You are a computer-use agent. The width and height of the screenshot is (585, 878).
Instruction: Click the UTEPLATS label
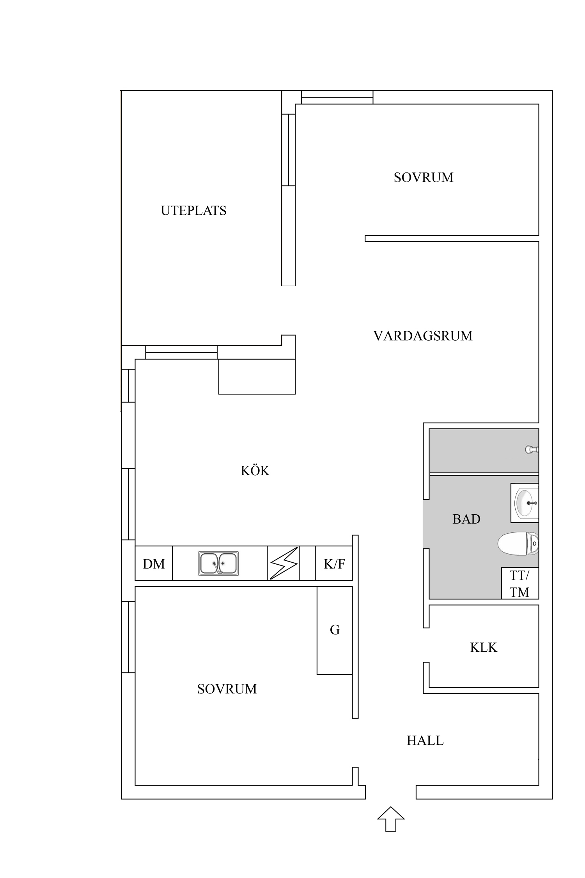[x=193, y=211]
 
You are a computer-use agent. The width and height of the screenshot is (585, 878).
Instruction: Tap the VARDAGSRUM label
[x=423, y=336]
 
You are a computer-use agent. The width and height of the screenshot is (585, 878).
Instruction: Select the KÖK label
[x=255, y=471]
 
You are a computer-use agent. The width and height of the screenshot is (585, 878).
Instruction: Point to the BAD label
[x=466, y=519]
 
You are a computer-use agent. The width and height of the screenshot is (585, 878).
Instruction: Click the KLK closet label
[x=484, y=648]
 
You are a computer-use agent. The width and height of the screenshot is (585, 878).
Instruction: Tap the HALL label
[x=425, y=741]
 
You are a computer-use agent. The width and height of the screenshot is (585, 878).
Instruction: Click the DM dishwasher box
[x=154, y=564]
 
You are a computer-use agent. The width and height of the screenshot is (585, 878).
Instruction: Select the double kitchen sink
[x=218, y=563]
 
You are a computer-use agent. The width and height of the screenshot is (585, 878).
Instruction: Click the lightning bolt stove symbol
[x=284, y=563]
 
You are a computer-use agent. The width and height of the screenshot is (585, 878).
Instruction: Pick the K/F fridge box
[x=334, y=564]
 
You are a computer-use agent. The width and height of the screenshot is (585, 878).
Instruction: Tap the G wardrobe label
[x=335, y=630]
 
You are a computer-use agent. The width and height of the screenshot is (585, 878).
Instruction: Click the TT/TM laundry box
[x=519, y=584]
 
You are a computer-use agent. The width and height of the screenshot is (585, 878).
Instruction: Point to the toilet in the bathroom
[x=518, y=543]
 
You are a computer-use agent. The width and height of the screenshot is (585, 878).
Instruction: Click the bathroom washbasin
[x=525, y=503]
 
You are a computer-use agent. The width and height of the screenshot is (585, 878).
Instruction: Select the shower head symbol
[x=532, y=450]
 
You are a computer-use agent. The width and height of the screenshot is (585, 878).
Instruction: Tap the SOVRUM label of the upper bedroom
[x=424, y=178]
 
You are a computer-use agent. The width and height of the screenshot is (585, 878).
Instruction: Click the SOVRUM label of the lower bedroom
[x=227, y=689]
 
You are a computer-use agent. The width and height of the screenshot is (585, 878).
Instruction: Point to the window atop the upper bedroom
[x=337, y=97]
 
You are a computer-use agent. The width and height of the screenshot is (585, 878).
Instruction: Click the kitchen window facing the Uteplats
[x=181, y=352]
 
